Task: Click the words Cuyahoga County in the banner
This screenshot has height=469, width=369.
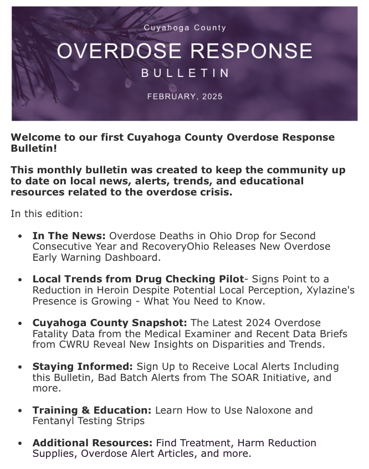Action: [x=184, y=28]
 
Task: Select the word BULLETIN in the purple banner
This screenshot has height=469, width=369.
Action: [x=184, y=73]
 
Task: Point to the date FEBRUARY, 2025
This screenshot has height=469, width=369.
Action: [x=184, y=96]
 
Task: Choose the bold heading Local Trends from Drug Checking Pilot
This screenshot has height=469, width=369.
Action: [x=138, y=279]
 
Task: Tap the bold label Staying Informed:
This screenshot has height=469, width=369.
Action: [x=83, y=367]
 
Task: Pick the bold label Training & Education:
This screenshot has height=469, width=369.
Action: [x=92, y=410]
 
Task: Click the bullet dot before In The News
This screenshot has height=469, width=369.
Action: [x=20, y=236]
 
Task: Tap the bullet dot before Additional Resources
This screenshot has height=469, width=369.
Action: [x=20, y=444]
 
